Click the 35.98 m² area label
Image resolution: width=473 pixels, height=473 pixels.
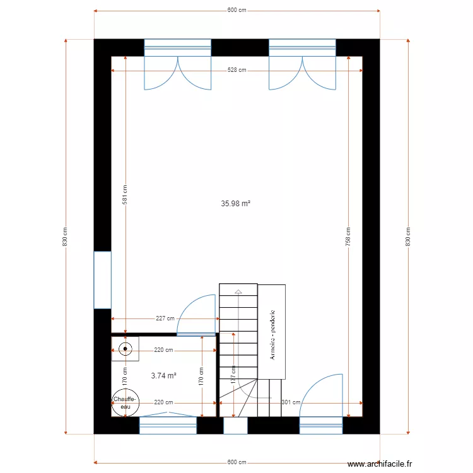click(236, 204)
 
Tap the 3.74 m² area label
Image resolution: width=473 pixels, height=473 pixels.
click(163, 375)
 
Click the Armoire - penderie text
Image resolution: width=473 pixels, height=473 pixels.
click(272, 334)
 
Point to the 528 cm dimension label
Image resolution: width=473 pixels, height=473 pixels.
click(237, 71)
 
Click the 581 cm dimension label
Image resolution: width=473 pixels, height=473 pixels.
click(125, 195)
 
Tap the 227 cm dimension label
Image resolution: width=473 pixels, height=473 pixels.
click(165, 318)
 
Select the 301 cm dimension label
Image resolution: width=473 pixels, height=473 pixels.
click(290, 402)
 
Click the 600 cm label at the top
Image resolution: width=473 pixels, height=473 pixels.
click(237, 11)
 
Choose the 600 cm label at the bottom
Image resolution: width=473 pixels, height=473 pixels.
click(237, 462)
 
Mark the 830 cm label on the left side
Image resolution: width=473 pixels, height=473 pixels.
click(66, 237)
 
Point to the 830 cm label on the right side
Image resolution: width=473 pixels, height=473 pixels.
click(408, 237)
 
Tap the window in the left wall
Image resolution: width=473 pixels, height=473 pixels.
click(102, 280)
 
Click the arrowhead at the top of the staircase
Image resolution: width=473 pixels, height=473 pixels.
click(238, 292)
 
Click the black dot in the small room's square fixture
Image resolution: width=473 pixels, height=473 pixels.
click(126, 348)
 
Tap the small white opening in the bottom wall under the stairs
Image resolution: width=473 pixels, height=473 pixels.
click(235, 426)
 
